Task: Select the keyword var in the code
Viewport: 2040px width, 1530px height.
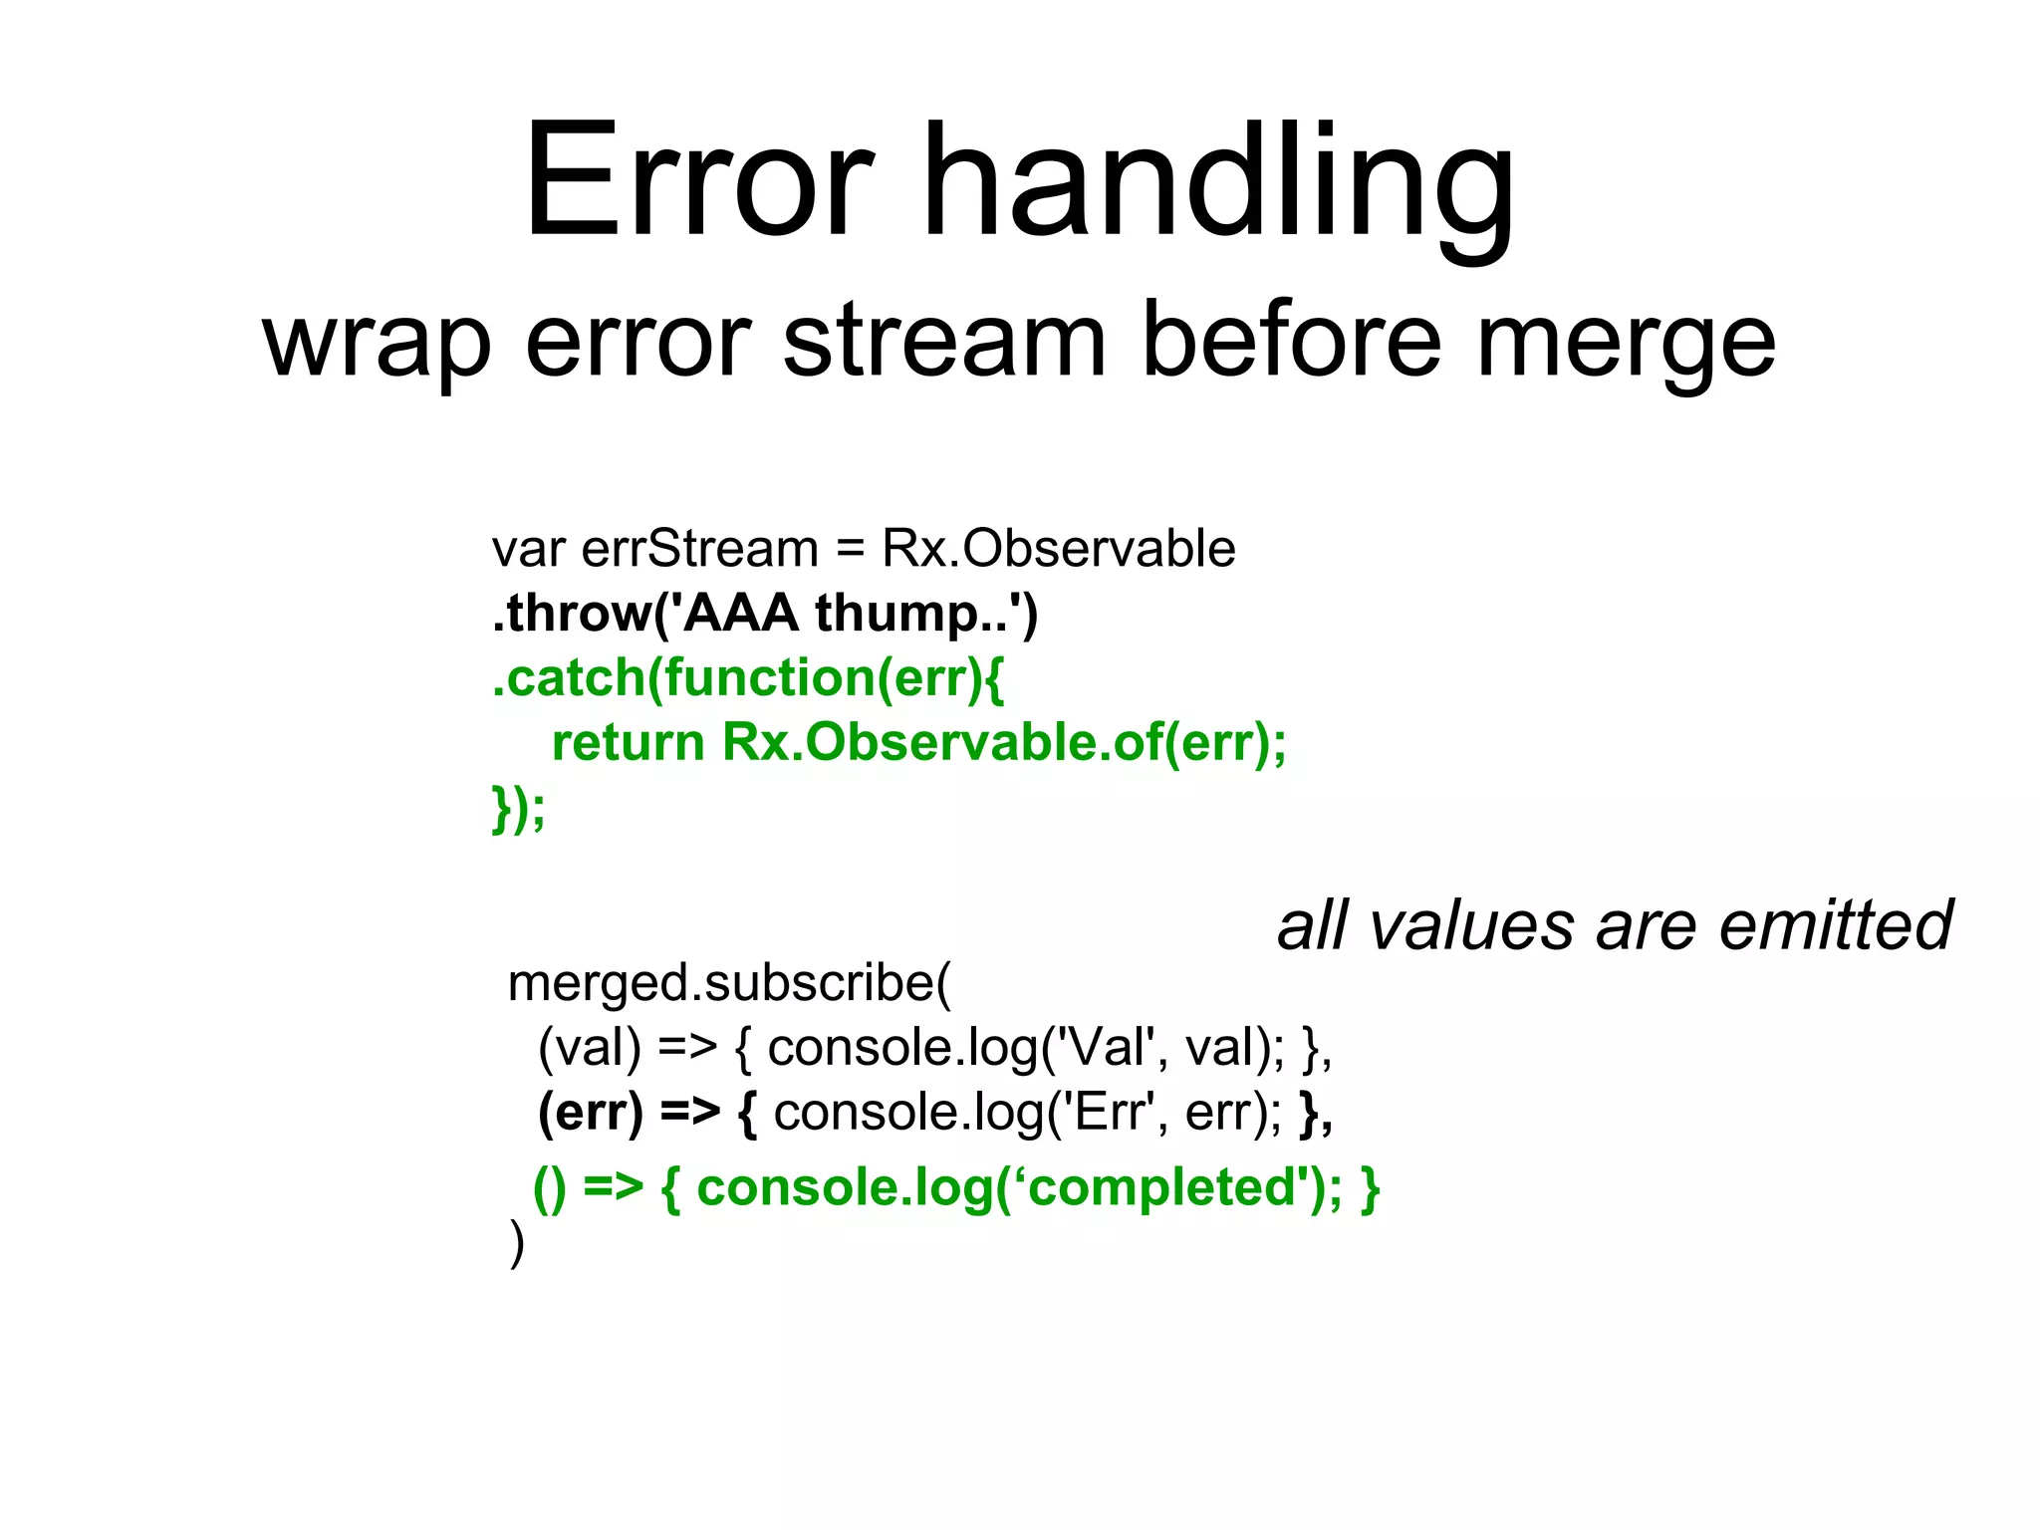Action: [x=528, y=550]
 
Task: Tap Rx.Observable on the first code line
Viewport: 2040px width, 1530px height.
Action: [x=1058, y=549]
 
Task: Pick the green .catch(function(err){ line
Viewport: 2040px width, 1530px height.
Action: [x=748, y=679]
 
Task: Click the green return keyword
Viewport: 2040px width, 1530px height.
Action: [x=628, y=743]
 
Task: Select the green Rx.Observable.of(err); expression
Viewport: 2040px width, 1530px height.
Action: [x=1004, y=743]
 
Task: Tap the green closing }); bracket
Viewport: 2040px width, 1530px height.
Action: [x=519, y=808]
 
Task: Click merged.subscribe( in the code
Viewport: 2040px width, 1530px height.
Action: [x=729, y=984]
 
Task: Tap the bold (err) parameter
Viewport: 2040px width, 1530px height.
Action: [x=590, y=1114]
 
